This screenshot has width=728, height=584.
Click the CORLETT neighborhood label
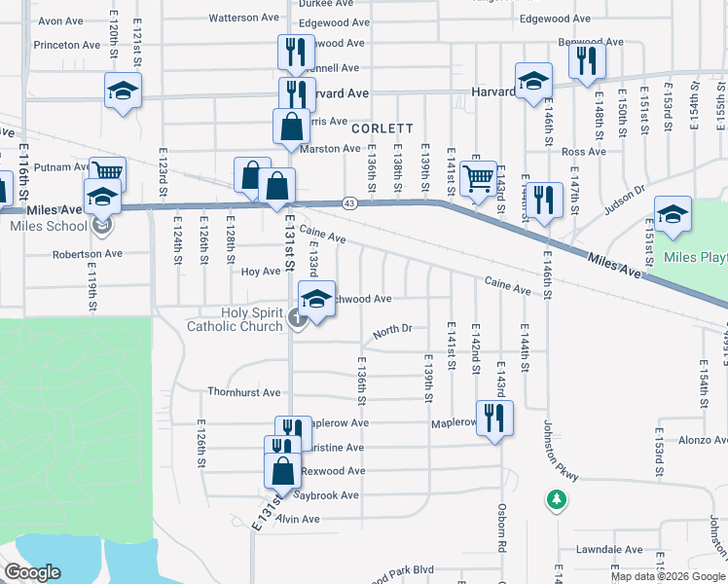pyautogui.click(x=382, y=128)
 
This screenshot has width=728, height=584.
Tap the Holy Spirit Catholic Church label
pyautogui.click(x=237, y=319)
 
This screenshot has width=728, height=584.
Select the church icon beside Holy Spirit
pyautogui.click(x=296, y=317)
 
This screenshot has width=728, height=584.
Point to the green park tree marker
pyautogui.click(x=556, y=500)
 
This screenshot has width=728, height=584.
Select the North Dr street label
pyautogui.click(x=393, y=330)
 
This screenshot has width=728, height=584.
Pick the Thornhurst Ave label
pyautogui.click(x=243, y=393)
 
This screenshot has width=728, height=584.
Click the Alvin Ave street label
pyautogui.click(x=298, y=520)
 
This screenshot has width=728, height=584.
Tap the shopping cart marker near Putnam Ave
pyautogui.click(x=107, y=173)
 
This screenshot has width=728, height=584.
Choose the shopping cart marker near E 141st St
pyautogui.click(x=478, y=179)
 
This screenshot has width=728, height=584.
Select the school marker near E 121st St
pyautogui.click(x=123, y=91)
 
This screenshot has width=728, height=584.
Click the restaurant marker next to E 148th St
pyautogui.click(x=586, y=60)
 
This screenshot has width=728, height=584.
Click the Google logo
pyautogui.click(x=32, y=573)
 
